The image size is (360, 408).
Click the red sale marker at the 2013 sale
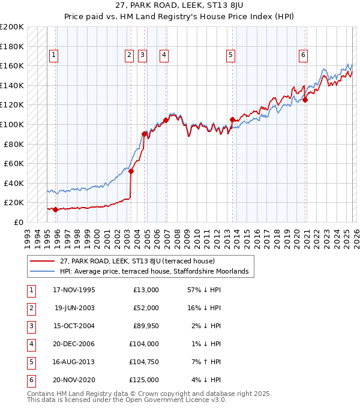pyautogui.click(x=232, y=119)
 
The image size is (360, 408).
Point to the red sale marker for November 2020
pyautogui.click(x=305, y=100)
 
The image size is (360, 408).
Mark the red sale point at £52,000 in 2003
pyautogui.click(x=131, y=171)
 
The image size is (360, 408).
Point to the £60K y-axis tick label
pyautogui.click(x=14, y=163)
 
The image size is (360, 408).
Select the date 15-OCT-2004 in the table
pyautogui.click(x=74, y=326)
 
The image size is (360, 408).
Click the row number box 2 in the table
pyautogui.click(x=31, y=308)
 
